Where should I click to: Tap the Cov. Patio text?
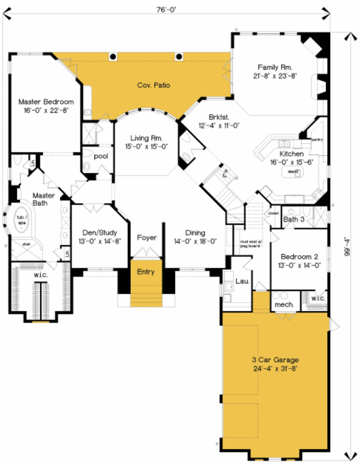154,85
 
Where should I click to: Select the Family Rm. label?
274,67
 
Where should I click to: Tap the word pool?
100,155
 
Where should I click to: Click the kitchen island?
293,172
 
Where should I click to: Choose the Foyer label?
146,238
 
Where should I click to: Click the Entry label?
146,272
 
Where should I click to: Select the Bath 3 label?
294,219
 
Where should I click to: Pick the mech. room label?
283,304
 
